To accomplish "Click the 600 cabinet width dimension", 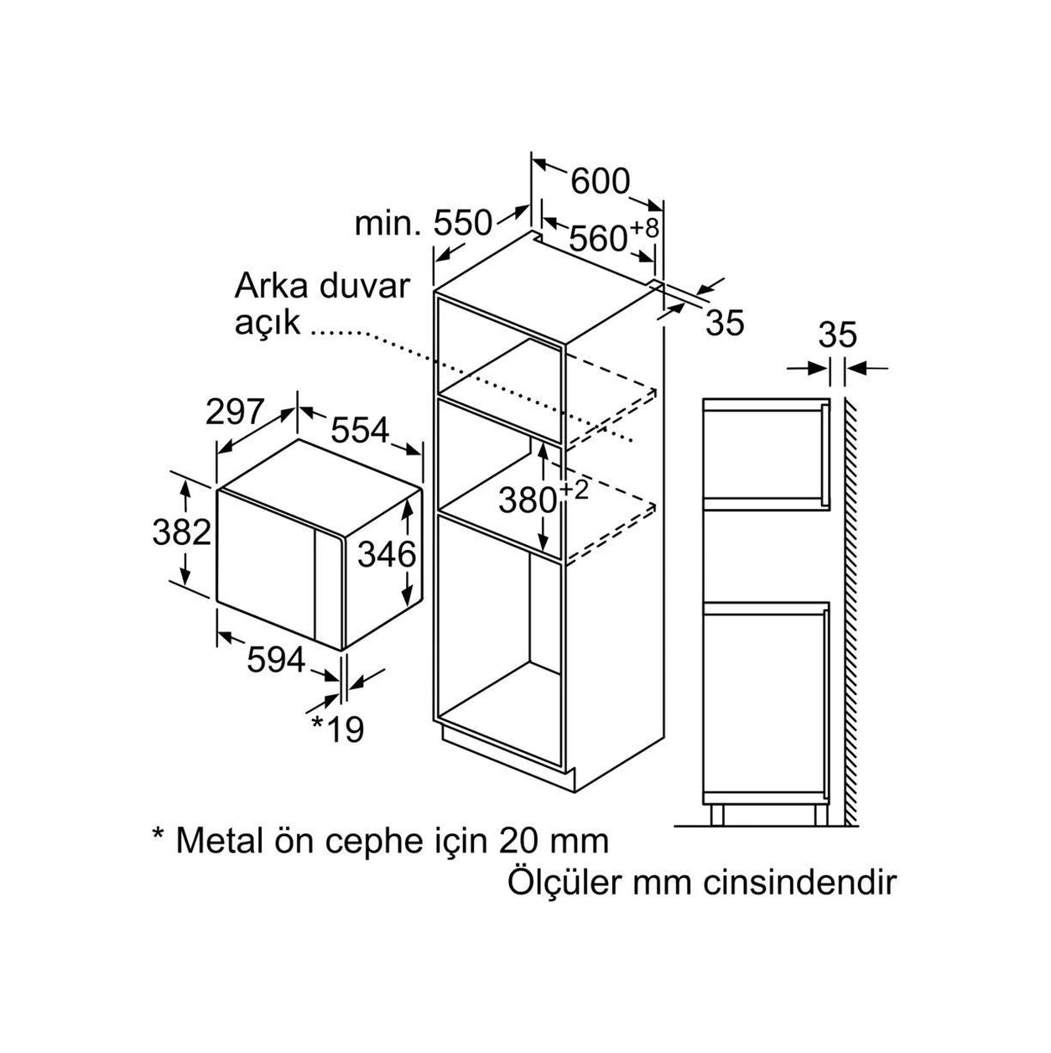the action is click(x=600, y=181).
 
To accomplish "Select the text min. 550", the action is click(x=424, y=224).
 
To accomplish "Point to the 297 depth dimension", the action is click(x=235, y=412).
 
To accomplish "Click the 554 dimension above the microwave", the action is click(x=360, y=431).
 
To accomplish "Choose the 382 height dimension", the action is click(x=181, y=532).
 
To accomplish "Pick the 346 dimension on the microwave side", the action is click(x=388, y=555).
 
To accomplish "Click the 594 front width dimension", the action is click(x=276, y=660).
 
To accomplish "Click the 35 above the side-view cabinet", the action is click(x=837, y=335).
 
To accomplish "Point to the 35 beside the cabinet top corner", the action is click(x=725, y=323).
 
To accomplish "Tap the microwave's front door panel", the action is click(x=266, y=564).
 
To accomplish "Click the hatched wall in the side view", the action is click(x=850, y=611).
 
